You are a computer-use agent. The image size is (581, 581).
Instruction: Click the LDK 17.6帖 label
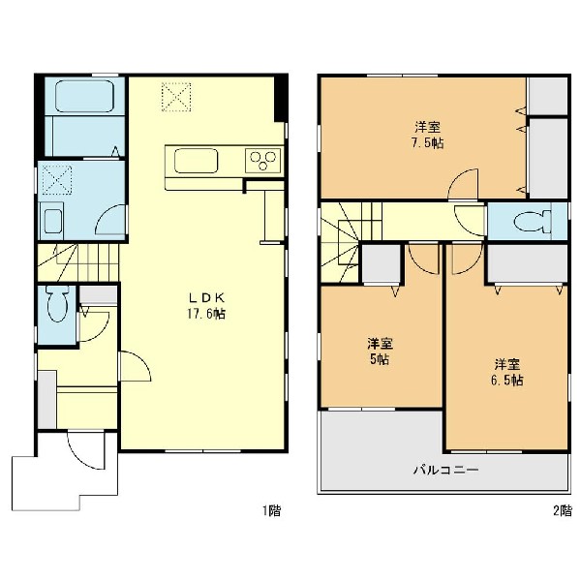coord(206,306)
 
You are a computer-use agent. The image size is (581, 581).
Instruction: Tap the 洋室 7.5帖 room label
coord(427,135)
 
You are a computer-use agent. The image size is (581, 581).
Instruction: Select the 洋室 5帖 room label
coord(381,352)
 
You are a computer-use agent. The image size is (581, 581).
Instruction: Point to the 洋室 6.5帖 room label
coord(506,373)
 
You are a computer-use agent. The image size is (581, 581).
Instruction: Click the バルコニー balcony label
coord(446,471)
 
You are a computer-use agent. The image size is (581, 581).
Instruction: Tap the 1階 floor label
coord(271,511)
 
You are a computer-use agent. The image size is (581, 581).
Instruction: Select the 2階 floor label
coord(563,511)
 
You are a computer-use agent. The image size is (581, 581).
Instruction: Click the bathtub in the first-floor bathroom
coord(84,96)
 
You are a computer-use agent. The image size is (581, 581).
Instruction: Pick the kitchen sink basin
coord(196,161)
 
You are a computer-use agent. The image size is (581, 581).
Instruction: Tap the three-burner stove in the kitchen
coord(262,160)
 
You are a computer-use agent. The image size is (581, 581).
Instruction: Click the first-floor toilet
coord(56,302)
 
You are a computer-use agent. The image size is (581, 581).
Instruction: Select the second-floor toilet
coord(533,221)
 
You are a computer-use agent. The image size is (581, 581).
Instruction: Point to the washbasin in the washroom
coord(53,221)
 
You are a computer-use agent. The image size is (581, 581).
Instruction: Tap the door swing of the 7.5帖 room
coord(463,184)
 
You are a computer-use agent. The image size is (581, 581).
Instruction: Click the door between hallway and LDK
coord(136,366)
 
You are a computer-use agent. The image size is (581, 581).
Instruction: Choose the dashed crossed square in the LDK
coord(176,96)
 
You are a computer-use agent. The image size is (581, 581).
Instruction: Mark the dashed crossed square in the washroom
coord(57,179)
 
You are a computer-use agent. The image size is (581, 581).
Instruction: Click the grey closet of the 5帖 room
coord(382,263)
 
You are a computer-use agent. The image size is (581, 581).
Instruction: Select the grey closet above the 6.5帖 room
coord(528,263)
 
